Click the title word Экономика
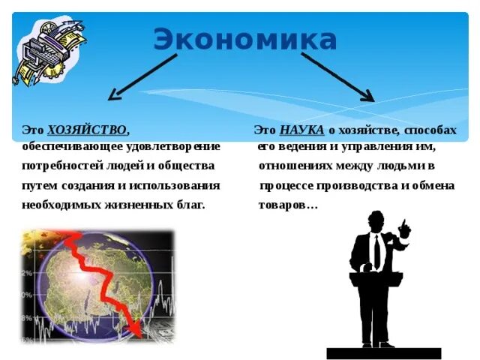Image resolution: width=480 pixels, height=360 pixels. pos(245,39)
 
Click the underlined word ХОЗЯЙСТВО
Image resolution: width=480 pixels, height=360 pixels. pos(87,130)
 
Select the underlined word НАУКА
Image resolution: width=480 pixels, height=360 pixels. pos(301,130)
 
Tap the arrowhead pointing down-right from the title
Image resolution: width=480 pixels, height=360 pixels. pos(368,96)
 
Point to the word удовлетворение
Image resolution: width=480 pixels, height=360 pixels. pos(173,147)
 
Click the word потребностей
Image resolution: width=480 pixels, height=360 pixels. pos(62,166)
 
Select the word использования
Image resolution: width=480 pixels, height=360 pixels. pos(174,186)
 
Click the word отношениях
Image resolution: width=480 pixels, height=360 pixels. pos(295,166)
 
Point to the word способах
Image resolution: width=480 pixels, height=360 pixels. pos(430,130)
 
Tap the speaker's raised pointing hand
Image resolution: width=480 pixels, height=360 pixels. pos(404,228)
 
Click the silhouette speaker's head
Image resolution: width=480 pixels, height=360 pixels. pos(376,221)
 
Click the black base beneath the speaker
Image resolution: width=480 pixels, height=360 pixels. pos(384,353)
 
